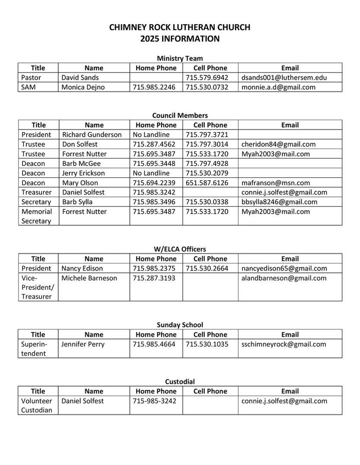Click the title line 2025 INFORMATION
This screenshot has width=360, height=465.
coord(180,39)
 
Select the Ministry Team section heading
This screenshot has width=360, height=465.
coord(180,58)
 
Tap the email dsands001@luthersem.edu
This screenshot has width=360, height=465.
coord(284,78)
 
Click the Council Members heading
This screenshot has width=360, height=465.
coord(180,115)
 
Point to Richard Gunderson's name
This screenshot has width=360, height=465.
coord(92,135)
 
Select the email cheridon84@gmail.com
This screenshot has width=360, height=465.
coord(279,144)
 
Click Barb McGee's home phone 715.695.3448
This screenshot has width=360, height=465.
coord(154,164)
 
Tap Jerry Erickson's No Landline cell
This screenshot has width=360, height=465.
coord(151,173)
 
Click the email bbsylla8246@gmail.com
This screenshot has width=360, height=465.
coord(280,202)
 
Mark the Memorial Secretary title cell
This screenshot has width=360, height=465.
coord(37,216)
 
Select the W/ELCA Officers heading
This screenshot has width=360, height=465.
coord(180,249)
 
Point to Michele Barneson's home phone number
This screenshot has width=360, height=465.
coord(154,278)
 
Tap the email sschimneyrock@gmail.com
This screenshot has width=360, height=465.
coord(284,344)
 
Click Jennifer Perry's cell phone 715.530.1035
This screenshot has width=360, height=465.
coord(207,344)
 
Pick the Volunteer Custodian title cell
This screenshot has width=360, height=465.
coord(37,405)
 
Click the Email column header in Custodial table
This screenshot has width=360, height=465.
coord(290,391)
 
